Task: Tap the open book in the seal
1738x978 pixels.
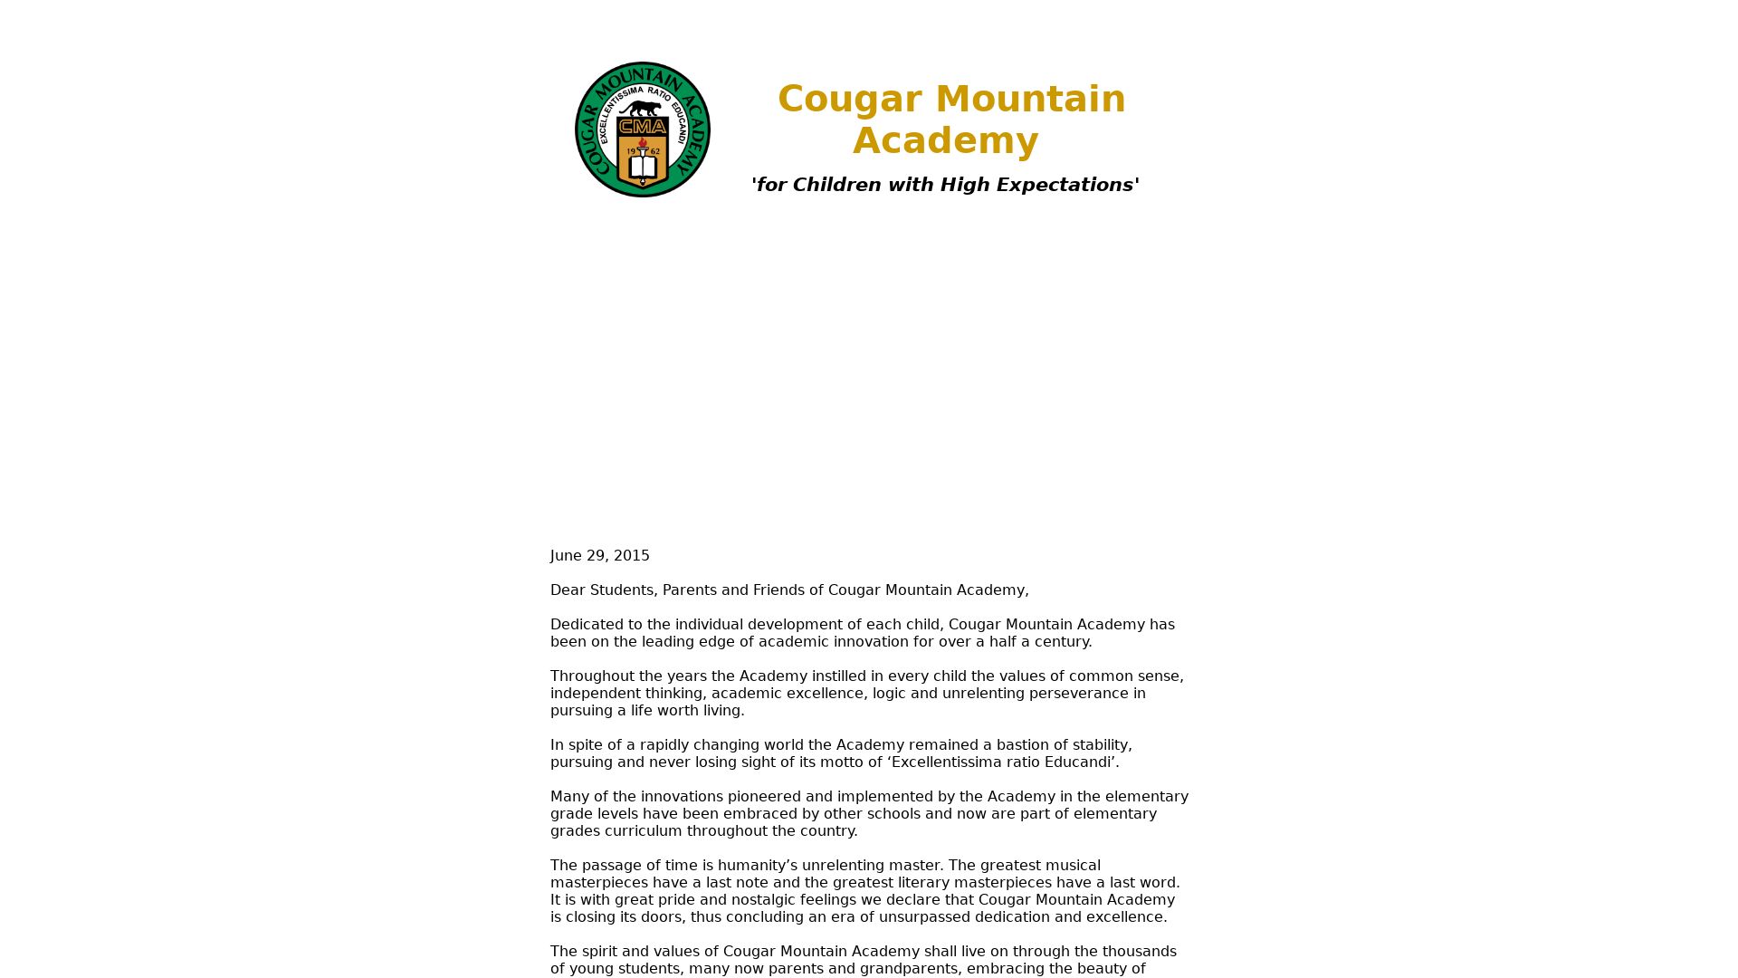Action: [643, 168]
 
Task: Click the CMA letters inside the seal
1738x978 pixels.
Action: [643, 128]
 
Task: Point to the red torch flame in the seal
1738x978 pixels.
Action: [643, 143]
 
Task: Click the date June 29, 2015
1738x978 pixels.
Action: [599, 556]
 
